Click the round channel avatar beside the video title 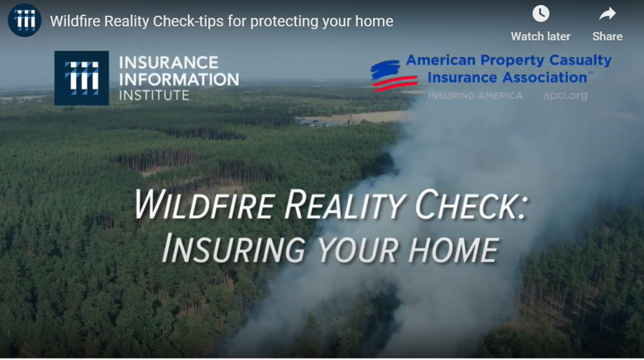click(25, 20)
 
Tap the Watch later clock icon click(540, 14)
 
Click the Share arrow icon click(607, 14)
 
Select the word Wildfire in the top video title click(75, 21)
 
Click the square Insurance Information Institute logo click(82, 78)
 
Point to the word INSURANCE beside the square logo click(169, 62)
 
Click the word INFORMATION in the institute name click(179, 79)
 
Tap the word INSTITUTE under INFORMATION click(154, 95)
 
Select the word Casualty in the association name click(580, 60)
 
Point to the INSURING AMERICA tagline click(475, 96)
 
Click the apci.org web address click(565, 96)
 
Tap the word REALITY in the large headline click(345, 205)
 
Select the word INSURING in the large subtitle click(234, 249)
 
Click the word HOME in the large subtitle click(453, 249)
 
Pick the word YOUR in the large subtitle click(357, 249)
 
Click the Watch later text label click(540, 37)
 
